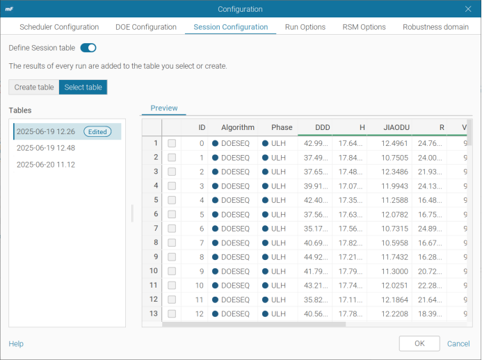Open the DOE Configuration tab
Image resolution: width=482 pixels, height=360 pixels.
pos(146,27)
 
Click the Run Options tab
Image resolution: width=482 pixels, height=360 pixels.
pos(305,27)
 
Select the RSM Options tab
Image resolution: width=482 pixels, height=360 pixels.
pos(364,27)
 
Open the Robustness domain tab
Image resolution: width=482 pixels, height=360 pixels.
pos(435,27)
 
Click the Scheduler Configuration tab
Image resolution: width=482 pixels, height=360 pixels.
pos(59,27)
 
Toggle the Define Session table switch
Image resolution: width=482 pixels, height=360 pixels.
pos(88,48)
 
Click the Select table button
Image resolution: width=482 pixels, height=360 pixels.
pos(83,88)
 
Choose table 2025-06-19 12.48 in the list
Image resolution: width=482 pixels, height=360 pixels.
pos(46,148)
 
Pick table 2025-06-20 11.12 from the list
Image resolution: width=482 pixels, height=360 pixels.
pos(46,165)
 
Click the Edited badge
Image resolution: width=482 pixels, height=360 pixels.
pos(97,132)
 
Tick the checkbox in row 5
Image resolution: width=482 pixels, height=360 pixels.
pos(172,200)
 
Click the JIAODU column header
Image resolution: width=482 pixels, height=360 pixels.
pos(396,127)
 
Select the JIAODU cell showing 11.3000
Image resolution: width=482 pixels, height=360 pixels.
pos(394,271)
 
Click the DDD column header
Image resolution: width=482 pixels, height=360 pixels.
pos(323,127)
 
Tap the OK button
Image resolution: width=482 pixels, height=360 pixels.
pos(419,343)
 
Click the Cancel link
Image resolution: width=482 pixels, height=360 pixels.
pos(458,344)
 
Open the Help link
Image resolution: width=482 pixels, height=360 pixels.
pos(16,344)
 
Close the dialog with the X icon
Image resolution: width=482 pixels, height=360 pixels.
pos(468,9)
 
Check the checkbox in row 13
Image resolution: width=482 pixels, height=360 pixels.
pos(172,314)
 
